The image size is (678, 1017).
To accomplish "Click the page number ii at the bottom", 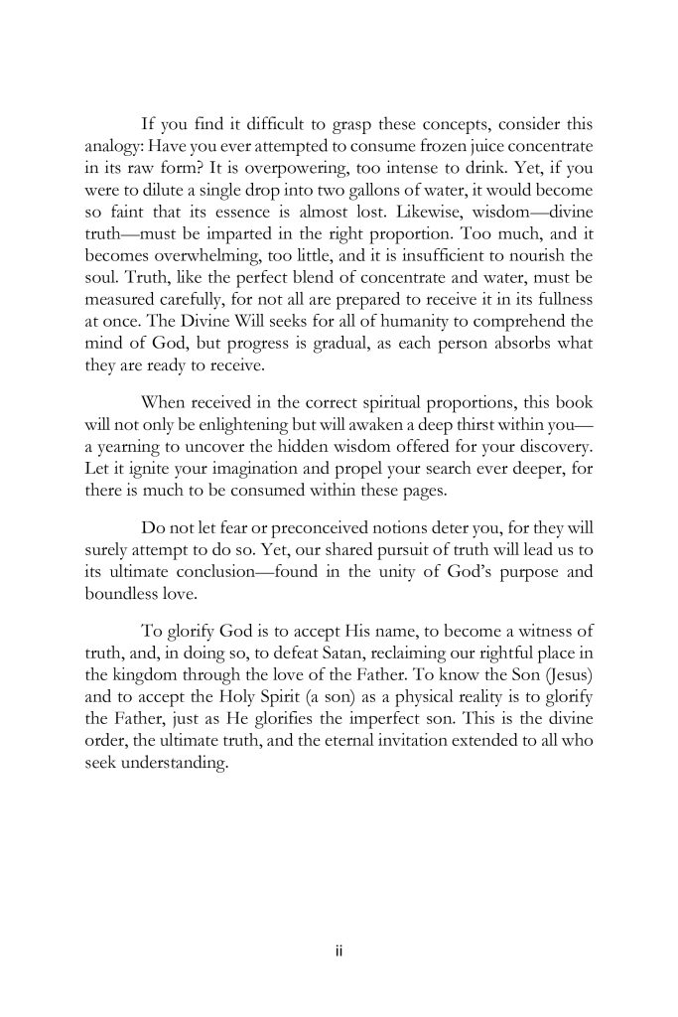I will [339, 951].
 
